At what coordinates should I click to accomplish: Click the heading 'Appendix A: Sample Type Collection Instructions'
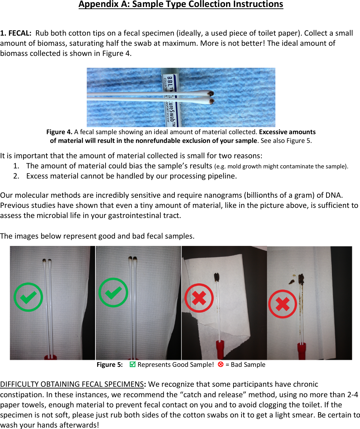(x=181, y=5)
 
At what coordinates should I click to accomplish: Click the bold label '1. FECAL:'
(x=16, y=33)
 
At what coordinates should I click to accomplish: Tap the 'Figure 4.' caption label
(x=59, y=132)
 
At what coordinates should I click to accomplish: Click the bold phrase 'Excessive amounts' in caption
(x=287, y=132)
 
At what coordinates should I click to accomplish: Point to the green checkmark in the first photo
(x=28, y=297)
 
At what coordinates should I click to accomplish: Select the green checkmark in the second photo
(x=113, y=292)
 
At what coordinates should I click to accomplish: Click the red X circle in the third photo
(x=199, y=298)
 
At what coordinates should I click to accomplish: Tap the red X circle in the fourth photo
(x=282, y=304)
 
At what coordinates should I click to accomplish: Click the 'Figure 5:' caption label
(x=109, y=365)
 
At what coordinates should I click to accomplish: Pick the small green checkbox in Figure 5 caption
(x=132, y=364)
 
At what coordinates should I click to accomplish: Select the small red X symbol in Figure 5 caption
(x=221, y=364)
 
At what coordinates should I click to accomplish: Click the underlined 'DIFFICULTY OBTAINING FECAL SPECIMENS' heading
(x=72, y=384)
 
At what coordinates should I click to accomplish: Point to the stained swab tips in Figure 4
(x=211, y=97)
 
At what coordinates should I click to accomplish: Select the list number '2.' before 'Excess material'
(x=16, y=176)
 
